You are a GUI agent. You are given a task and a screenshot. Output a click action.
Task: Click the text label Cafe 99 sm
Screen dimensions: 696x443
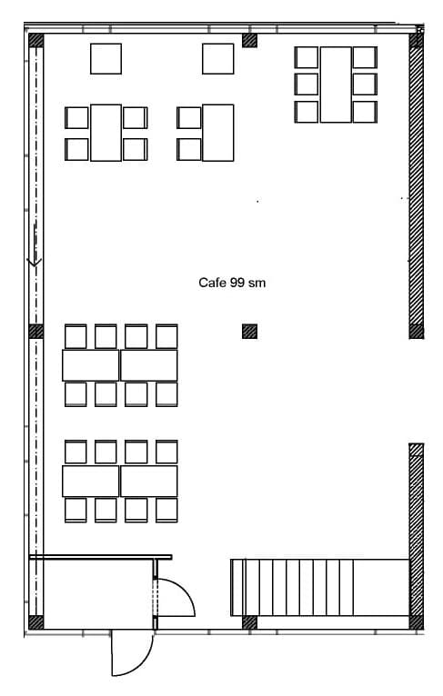pyautogui.click(x=232, y=283)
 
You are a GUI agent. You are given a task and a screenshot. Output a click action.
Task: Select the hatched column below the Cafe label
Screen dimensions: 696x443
pyautogui.click(x=249, y=332)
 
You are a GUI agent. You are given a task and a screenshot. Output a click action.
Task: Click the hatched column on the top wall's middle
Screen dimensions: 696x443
pyautogui.click(x=249, y=40)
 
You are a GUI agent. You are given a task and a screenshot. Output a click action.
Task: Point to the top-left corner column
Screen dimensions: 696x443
pyautogui.click(x=36, y=40)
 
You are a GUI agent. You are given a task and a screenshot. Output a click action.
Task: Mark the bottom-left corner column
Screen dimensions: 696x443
pyautogui.click(x=36, y=622)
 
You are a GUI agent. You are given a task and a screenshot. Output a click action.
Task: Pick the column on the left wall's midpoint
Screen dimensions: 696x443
pyautogui.click(x=36, y=332)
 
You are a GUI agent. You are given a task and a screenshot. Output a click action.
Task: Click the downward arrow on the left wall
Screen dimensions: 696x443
pyautogui.click(x=35, y=261)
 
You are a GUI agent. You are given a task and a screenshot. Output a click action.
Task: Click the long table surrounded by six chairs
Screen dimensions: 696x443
pyautogui.click(x=336, y=84)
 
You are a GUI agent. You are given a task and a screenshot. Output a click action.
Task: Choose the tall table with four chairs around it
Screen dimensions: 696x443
pyautogui.click(x=106, y=133)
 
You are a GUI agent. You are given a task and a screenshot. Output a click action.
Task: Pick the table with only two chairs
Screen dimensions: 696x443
pyautogui.click(x=217, y=133)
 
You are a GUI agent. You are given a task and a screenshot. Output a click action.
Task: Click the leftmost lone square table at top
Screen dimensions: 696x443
pyautogui.click(x=106, y=59)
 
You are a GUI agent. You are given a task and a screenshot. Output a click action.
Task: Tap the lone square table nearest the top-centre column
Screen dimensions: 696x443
pyautogui.click(x=217, y=59)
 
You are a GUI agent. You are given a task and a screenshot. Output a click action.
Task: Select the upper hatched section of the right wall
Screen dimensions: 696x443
pyautogui.click(x=416, y=186)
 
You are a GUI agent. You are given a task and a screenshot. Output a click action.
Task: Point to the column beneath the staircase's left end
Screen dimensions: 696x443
pyautogui.click(x=249, y=622)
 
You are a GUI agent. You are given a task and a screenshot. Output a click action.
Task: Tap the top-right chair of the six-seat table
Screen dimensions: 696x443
pyautogui.click(x=365, y=57)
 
